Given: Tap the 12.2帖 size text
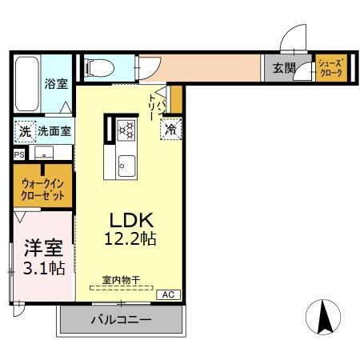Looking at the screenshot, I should (129, 238).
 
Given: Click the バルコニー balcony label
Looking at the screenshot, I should (119, 320).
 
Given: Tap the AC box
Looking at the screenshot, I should (168, 294).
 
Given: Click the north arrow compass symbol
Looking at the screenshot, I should (324, 318).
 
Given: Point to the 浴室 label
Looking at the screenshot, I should (55, 83).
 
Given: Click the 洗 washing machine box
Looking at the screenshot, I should (24, 131).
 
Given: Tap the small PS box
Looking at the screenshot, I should (18, 155).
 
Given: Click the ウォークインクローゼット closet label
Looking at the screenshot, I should (42, 188).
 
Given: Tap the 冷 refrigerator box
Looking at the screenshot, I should (170, 128).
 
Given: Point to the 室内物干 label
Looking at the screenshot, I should (120, 280).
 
